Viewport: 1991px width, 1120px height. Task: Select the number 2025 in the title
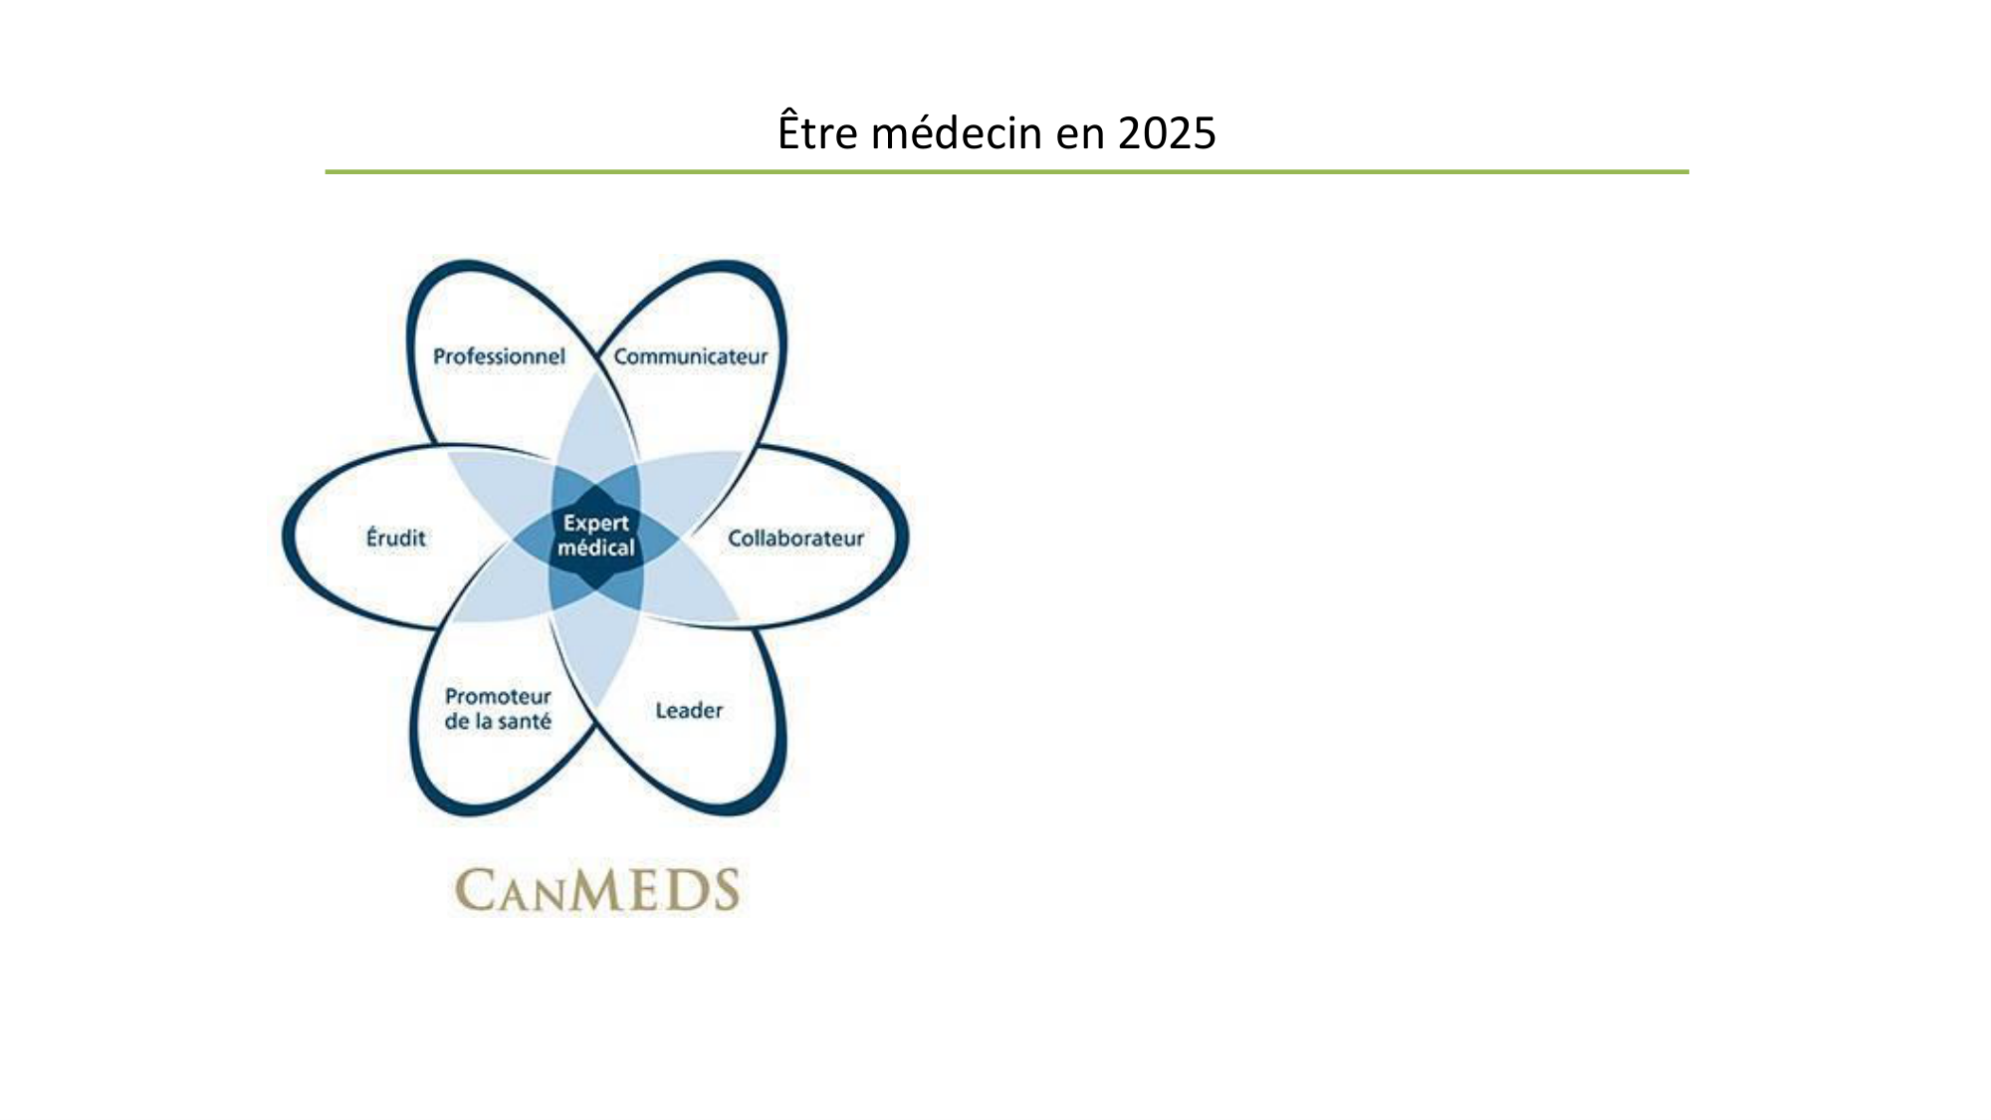(x=1167, y=133)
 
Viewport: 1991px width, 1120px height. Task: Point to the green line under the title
(x=1006, y=171)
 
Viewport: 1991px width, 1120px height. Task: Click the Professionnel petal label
(x=499, y=356)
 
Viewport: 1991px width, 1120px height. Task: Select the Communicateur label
(x=691, y=356)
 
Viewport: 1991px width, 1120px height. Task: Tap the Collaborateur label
(x=795, y=539)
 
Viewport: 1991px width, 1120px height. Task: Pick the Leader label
(x=689, y=711)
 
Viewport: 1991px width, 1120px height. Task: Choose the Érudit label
(x=396, y=538)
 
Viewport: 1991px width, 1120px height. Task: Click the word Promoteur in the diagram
(x=498, y=697)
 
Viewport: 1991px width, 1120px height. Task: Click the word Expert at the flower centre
(x=596, y=524)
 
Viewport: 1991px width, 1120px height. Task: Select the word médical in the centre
(x=596, y=548)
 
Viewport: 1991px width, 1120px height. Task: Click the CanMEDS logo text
(x=597, y=890)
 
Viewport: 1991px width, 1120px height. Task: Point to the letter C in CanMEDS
(x=476, y=890)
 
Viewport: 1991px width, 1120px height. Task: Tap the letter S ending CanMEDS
(x=724, y=890)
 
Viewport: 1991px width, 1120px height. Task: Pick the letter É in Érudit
(x=373, y=537)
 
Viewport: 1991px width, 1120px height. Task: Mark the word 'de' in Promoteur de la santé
(x=456, y=722)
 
